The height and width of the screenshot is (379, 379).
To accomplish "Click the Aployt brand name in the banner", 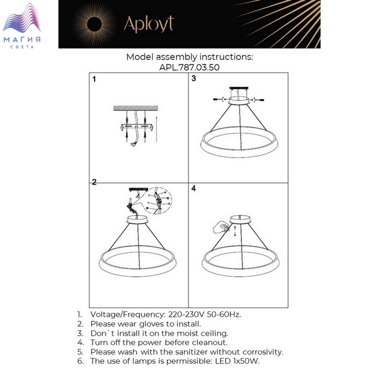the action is [x=149, y=24].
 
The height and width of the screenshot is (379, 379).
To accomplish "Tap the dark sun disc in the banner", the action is [x=95, y=24].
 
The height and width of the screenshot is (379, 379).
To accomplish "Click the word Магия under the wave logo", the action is [x=22, y=40].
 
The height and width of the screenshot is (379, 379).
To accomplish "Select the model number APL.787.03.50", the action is [x=190, y=67].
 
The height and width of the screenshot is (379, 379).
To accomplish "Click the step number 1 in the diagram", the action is [x=94, y=79].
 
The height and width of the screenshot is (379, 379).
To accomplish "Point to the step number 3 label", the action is [x=194, y=79].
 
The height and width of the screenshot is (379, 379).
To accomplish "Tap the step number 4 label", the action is [x=194, y=188].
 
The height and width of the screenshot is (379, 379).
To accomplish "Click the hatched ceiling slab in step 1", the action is [x=135, y=108].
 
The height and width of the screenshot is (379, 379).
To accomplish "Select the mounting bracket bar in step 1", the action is [x=136, y=127].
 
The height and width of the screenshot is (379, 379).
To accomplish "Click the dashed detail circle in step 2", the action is [x=157, y=201].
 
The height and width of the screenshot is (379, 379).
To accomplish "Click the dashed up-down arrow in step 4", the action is [x=235, y=231].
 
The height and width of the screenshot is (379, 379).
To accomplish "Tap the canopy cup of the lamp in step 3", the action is [x=239, y=100].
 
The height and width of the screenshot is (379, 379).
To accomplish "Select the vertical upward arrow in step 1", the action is [x=156, y=129].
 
